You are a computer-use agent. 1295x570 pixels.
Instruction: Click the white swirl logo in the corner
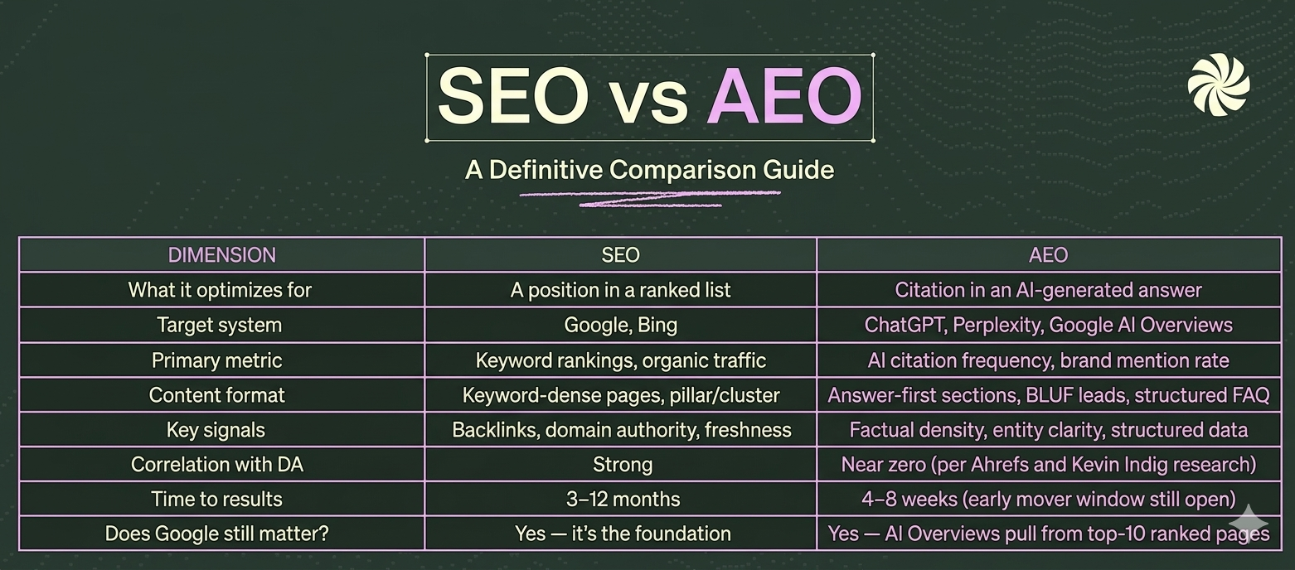pyautogui.click(x=1218, y=85)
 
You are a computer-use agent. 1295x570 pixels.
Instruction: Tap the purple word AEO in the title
pyautogui.click(x=784, y=96)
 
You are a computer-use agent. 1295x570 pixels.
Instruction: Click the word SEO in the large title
pyautogui.click(x=513, y=96)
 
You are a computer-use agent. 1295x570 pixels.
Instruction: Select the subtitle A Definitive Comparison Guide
pyautogui.click(x=649, y=170)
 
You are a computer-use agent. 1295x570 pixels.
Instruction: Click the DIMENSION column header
pyautogui.click(x=221, y=255)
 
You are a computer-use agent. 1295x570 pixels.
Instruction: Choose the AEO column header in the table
pyautogui.click(x=1048, y=255)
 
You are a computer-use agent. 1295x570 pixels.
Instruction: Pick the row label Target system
pyautogui.click(x=219, y=325)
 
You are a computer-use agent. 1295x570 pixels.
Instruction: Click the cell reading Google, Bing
pyautogui.click(x=620, y=325)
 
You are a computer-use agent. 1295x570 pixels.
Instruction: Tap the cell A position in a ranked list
pyautogui.click(x=620, y=290)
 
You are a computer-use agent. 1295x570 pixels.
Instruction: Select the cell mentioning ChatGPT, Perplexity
pyautogui.click(x=1048, y=325)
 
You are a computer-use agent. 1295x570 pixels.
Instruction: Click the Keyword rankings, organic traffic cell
pyautogui.click(x=620, y=360)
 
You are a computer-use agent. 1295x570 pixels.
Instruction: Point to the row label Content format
pyautogui.click(x=217, y=395)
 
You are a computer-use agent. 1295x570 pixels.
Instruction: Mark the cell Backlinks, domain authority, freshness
pyautogui.click(x=621, y=430)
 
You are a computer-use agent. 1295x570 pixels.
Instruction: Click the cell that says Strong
pyautogui.click(x=622, y=465)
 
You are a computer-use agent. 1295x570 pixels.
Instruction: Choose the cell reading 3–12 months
pyautogui.click(x=621, y=500)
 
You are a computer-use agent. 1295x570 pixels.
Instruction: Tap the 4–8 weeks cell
pyautogui.click(x=1048, y=500)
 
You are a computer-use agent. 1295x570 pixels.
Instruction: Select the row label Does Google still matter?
pyautogui.click(x=217, y=534)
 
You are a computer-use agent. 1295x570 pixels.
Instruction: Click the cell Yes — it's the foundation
pyautogui.click(x=622, y=534)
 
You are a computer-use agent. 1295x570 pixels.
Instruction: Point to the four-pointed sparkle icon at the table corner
pyautogui.click(x=1249, y=524)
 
